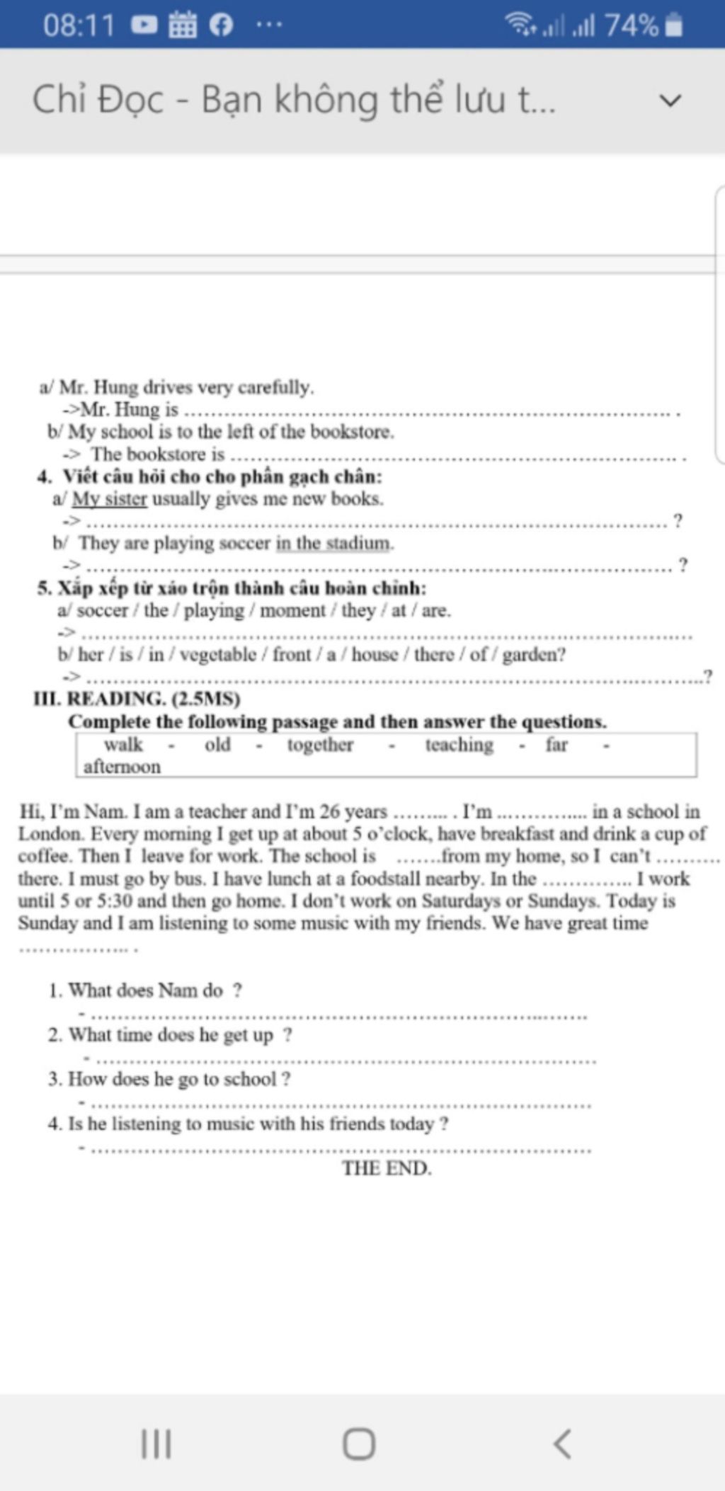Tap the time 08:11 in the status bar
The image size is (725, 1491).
click(x=79, y=25)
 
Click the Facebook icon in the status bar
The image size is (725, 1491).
click(x=221, y=25)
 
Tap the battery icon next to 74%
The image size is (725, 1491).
click(x=675, y=25)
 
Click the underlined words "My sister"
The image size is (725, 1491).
click(x=109, y=499)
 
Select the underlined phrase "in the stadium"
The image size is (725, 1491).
click(x=333, y=544)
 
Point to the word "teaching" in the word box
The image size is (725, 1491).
click(x=459, y=745)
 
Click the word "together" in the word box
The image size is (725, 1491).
click(x=320, y=745)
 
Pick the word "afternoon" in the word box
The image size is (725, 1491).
click(x=122, y=767)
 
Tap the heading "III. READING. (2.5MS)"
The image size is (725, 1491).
click(x=137, y=699)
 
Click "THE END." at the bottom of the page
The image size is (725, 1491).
click(x=387, y=1168)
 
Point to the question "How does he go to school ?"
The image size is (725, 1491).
click(x=179, y=1080)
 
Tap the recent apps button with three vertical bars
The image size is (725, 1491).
click(x=156, y=1444)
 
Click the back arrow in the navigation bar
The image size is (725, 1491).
click(x=562, y=1444)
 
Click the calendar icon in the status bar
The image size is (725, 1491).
click(x=182, y=25)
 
